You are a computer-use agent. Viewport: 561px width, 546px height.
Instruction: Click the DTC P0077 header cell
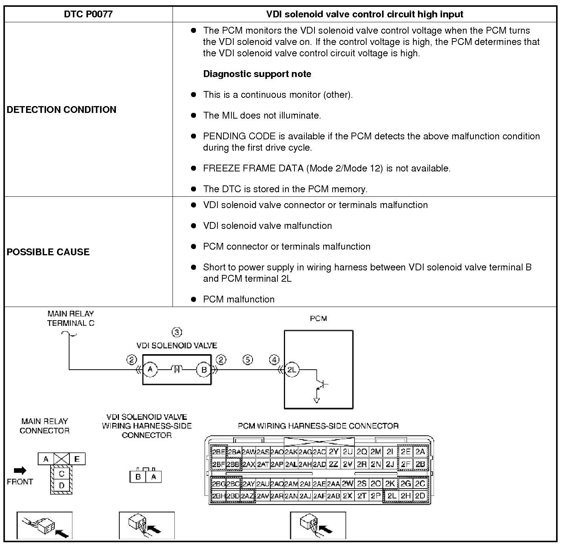tap(88, 14)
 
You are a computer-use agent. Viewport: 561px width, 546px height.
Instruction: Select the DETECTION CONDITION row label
tap(62, 110)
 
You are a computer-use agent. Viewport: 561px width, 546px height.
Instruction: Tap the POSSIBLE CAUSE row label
tap(48, 252)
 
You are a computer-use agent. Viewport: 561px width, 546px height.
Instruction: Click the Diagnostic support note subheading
tap(257, 74)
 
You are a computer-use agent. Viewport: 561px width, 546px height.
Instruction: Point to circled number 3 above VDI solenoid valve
tap(177, 332)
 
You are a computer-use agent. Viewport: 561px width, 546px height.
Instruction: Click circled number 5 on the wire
tap(248, 359)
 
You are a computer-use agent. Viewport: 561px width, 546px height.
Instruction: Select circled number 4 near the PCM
tap(274, 359)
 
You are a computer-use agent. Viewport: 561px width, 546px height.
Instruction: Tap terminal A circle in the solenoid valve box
tap(150, 370)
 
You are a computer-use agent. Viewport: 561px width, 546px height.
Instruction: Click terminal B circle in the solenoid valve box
tap(204, 370)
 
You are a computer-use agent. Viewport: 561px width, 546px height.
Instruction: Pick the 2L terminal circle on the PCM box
tap(292, 370)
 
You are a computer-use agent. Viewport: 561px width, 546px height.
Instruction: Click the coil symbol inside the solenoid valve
tap(177, 369)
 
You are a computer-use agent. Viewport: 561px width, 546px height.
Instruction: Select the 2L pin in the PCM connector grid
tap(392, 496)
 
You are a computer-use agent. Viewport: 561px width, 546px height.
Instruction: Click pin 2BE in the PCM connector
tap(218, 452)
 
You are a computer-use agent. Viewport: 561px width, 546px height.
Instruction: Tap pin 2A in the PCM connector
tap(420, 452)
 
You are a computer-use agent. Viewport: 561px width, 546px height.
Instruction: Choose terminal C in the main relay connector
tap(62, 474)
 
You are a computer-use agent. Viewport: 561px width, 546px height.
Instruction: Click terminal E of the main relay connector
tap(77, 459)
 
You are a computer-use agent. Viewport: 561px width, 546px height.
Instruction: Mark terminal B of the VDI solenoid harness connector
tap(138, 477)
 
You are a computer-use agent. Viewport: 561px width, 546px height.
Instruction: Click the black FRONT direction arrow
tap(20, 470)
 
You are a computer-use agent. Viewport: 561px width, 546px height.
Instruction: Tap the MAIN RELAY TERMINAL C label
tap(71, 318)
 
